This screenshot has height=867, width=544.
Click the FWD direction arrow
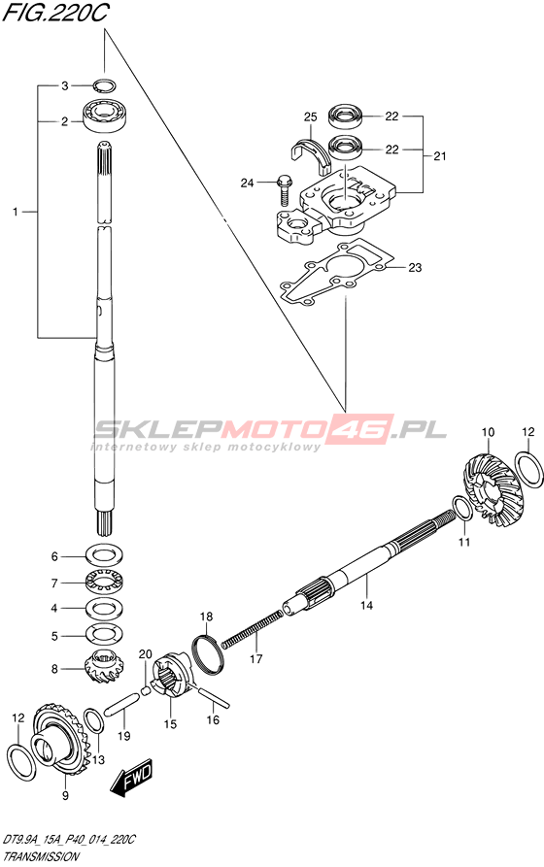[x=130, y=778]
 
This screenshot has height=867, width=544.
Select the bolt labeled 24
[x=284, y=189]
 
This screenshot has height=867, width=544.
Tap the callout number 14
[x=366, y=606]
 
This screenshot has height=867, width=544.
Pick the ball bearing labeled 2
[x=105, y=114]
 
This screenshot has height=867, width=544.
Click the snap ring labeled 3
[x=104, y=85]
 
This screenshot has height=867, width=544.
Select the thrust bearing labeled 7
[x=105, y=583]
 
